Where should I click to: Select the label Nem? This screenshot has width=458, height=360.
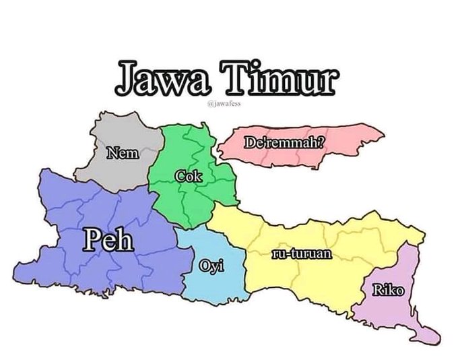[x=123, y=154]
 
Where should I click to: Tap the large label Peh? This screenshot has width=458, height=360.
[x=107, y=241]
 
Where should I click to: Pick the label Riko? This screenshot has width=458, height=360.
[x=388, y=291]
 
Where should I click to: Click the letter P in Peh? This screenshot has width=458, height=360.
[x=92, y=241]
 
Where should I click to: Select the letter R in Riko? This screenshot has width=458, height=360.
[x=378, y=291]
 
